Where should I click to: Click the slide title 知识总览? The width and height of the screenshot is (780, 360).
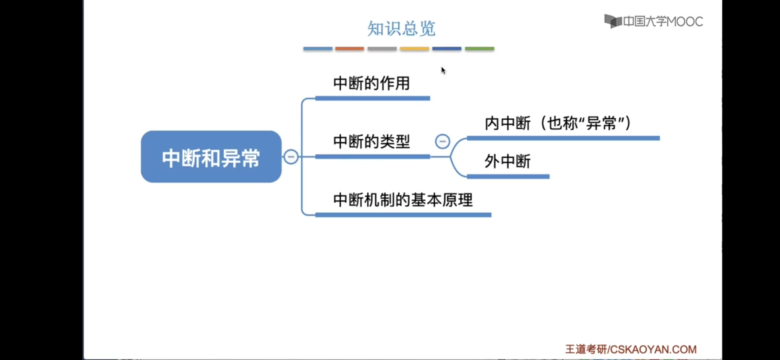point(401,28)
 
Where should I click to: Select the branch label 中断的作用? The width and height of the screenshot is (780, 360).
point(371,83)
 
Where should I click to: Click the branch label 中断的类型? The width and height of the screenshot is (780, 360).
point(371,142)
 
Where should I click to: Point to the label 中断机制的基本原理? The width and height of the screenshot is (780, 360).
point(403,200)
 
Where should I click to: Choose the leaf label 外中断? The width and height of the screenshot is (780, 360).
point(507,161)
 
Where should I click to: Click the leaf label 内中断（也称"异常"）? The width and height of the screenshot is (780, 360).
point(558,123)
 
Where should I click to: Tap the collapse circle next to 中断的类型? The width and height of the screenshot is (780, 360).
point(442,142)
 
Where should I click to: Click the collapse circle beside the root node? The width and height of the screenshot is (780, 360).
point(291,157)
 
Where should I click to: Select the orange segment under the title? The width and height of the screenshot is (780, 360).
point(349,49)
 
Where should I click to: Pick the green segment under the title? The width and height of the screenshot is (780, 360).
point(479,49)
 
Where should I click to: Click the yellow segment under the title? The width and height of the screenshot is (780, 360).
point(414,49)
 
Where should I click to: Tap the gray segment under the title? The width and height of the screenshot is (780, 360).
point(382,49)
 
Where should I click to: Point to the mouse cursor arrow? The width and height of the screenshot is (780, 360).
point(443,70)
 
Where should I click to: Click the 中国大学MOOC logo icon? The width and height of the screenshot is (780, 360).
point(613,21)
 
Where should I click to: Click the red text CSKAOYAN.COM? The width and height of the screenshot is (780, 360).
point(653,349)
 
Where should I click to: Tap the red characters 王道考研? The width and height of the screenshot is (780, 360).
point(586,349)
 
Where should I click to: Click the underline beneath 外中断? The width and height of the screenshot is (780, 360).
point(508,177)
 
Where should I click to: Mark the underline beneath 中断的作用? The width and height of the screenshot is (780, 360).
point(372,98)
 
